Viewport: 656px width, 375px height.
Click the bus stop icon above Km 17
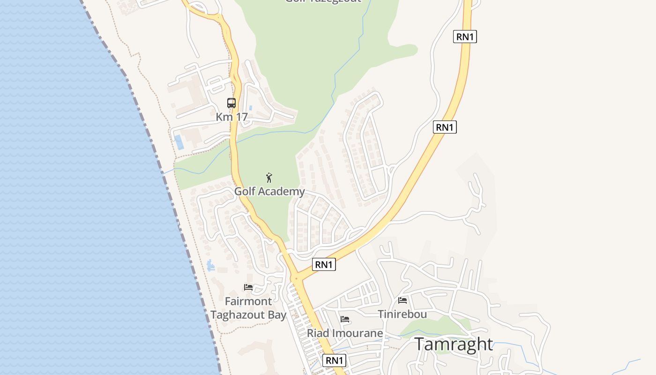[231, 103]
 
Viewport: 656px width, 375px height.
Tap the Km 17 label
[231, 117]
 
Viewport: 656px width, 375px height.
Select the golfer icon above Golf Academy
[269, 178]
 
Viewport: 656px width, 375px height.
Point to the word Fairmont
[248, 301]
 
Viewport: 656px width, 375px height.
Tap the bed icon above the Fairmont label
[248, 287]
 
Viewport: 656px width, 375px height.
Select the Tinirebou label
[403, 314]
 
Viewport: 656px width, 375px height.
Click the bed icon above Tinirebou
[403, 300]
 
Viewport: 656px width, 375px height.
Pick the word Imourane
[357, 333]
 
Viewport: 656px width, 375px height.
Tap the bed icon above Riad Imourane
[345, 320]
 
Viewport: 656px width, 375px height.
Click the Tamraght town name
[454, 344]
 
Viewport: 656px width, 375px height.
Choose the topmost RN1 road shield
[465, 37]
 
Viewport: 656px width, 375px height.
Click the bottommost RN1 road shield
[335, 360]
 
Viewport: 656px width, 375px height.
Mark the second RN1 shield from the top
[445, 127]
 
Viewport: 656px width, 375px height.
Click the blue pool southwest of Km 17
[179, 142]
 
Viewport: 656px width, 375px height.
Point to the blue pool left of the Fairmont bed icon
[210, 265]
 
